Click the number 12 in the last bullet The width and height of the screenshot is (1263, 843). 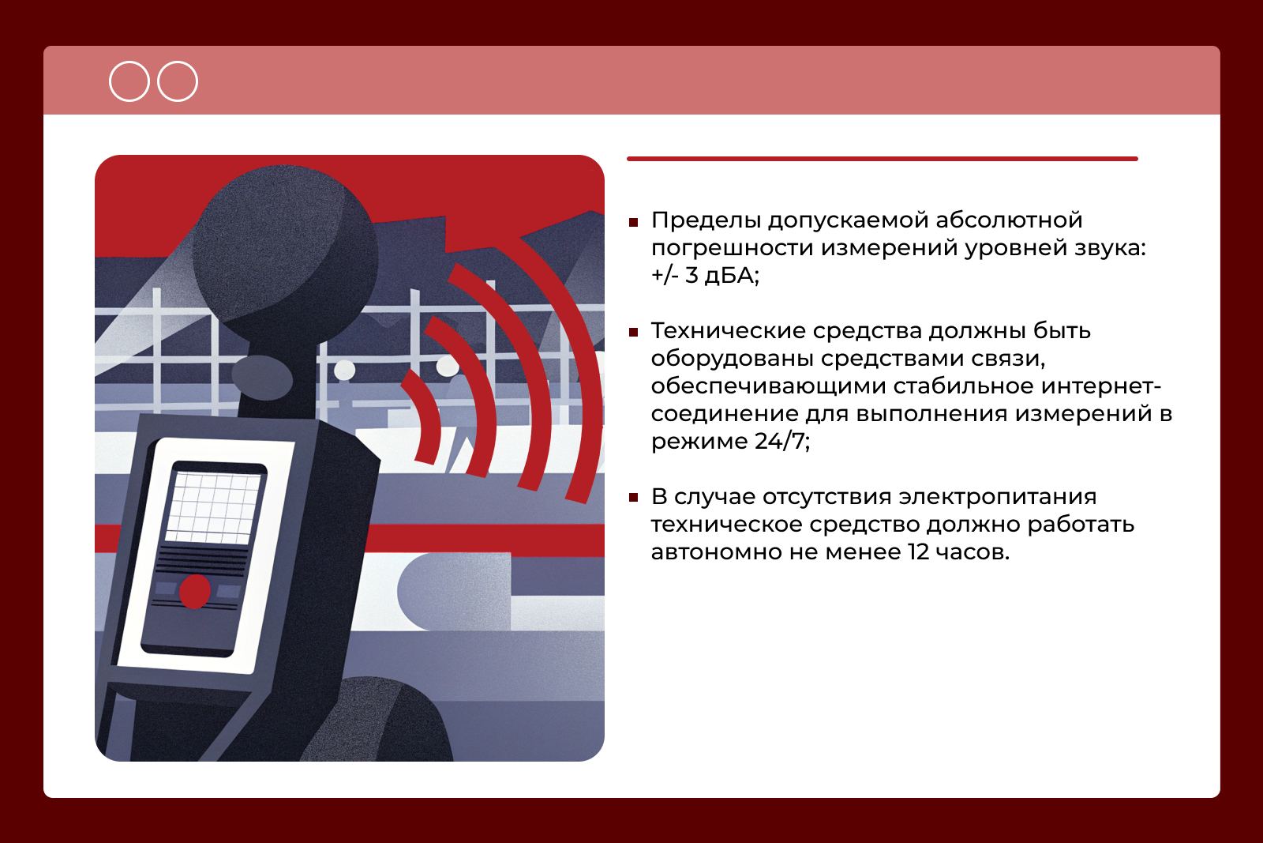pos(918,551)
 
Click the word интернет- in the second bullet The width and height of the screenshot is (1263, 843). pos(1100,386)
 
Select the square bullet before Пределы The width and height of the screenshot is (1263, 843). pos(633,222)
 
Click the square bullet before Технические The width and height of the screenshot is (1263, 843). pos(633,333)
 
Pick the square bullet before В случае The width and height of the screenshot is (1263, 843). pos(633,498)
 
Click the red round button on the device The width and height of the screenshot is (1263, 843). pos(195,591)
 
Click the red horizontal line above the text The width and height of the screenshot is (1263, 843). pos(883,159)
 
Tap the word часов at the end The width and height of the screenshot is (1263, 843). pos(972,552)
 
